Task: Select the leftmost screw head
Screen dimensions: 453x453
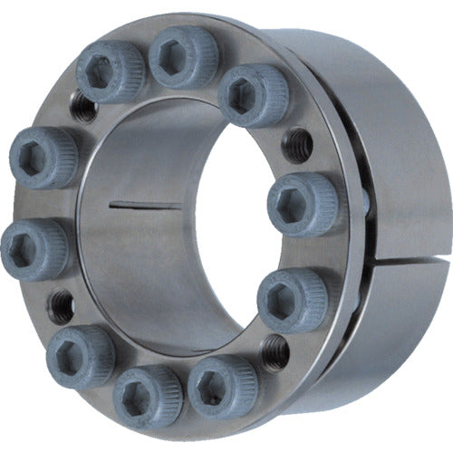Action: (x=34, y=247)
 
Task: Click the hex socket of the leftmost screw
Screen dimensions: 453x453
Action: (x=31, y=247)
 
